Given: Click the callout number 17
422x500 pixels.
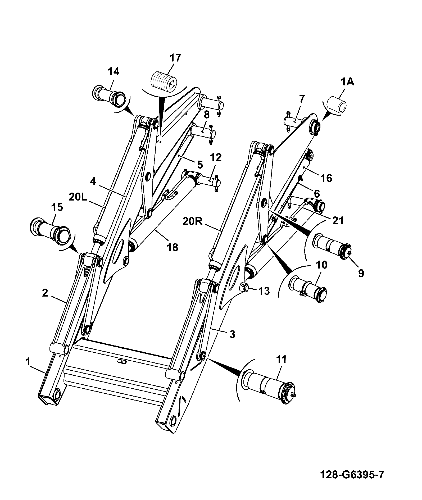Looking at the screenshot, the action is point(175,58).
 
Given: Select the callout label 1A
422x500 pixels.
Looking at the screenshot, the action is point(347,82).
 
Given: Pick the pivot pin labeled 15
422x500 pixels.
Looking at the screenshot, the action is point(51,230).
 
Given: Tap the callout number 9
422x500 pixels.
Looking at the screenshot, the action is point(361,272).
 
